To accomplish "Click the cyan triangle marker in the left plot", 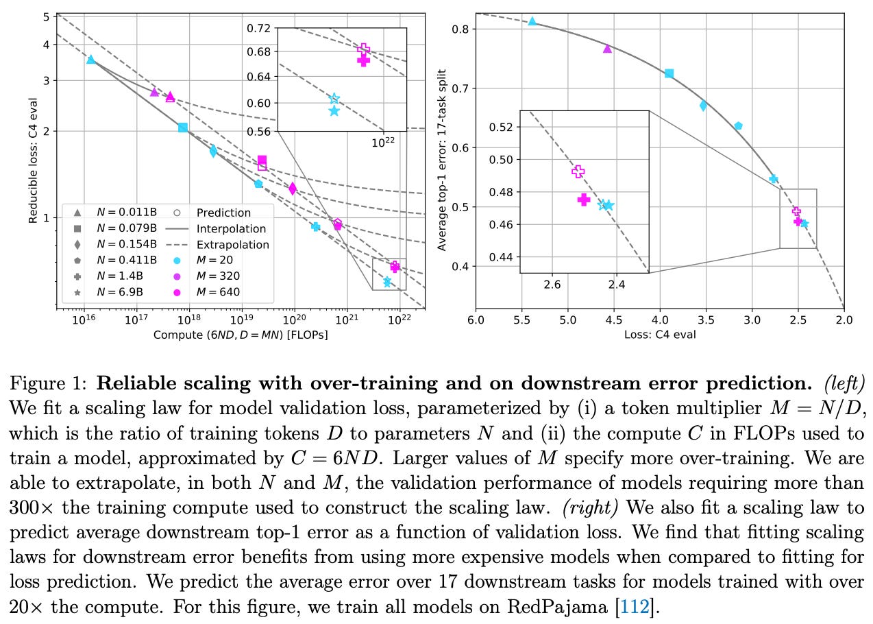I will (90, 60).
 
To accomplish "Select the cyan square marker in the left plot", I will (183, 128).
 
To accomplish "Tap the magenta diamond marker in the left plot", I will (293, 189).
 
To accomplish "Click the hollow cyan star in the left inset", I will (334, 99).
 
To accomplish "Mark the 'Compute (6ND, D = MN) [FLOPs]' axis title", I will (241, 335).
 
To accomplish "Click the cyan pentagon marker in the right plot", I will (738, 126).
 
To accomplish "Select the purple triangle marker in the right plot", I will (607, 49).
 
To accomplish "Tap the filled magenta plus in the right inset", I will (583, 200).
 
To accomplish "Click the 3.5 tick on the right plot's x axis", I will (706, 320).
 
